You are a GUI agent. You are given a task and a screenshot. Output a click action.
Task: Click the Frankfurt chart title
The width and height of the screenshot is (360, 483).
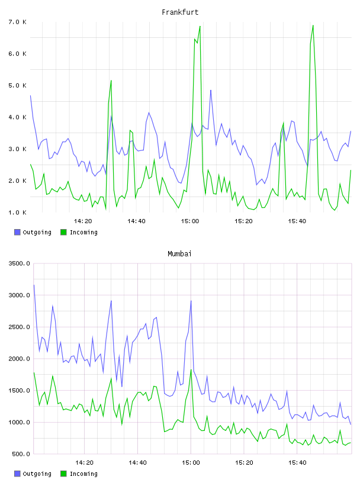(180, 12)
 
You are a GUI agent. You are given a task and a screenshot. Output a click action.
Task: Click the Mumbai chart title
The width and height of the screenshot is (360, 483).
(179, 253)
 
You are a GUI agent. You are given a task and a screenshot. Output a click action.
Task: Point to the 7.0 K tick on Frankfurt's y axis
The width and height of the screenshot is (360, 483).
(18, 22)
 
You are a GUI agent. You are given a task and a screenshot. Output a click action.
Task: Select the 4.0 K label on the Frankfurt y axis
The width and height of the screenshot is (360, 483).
(18, 117)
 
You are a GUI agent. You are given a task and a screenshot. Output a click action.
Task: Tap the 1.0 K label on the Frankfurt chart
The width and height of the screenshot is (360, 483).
(18, 212)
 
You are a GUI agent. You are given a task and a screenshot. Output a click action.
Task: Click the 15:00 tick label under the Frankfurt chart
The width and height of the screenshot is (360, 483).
(190, 221)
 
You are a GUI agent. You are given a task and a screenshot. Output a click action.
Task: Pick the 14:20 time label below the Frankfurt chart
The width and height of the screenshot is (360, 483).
(83, 221)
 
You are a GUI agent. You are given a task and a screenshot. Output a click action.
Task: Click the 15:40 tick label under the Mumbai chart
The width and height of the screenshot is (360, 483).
(297, 462)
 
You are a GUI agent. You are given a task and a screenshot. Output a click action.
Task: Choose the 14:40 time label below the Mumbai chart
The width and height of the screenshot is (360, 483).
(137, 462)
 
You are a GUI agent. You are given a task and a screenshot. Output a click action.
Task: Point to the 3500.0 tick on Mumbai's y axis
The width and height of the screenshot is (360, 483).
(19, 263)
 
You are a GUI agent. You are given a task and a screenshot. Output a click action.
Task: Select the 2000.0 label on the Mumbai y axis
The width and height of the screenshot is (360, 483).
(19, 359)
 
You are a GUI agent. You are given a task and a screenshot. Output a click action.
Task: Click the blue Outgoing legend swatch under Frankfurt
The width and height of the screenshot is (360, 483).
(17, 232)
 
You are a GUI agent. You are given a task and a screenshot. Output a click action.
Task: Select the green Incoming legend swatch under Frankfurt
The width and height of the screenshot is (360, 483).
(63, 232)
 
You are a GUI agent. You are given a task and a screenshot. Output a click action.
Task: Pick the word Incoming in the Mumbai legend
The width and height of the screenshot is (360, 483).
(83, 474)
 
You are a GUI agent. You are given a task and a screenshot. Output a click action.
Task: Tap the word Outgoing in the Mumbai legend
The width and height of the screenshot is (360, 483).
(37, 474)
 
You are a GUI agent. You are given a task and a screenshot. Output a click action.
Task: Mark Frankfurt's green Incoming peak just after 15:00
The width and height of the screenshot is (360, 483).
(200, 26)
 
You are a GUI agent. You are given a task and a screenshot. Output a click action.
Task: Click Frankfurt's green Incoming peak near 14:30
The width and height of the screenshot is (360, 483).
(111, 80)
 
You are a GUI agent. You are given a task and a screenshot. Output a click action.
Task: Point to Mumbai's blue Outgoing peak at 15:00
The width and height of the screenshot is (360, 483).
(191, 301)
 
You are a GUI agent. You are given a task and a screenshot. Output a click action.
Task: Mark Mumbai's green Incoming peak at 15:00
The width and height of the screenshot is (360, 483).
(191, 369)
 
